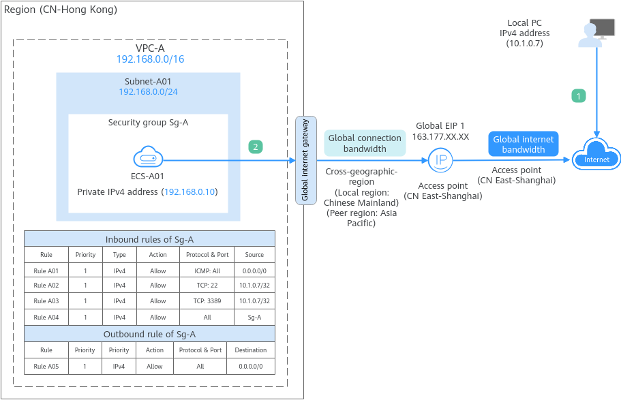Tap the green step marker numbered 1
click(578, 96)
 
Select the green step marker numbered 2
click(255, 147)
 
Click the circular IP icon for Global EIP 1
click(440, 161)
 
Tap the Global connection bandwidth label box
click(365, 143)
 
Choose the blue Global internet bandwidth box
click(523, 144)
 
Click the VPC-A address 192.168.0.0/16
click(150, 59)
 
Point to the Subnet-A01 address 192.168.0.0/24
click(148, 91)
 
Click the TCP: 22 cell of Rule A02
click(207, 286)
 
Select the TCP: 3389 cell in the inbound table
click(207, 301)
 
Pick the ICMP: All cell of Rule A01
click(207, 271)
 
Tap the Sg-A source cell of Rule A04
click(254, 317)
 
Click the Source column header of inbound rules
click(254, 255)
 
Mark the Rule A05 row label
click(46, 366)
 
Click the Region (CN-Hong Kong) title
click(61, 10)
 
